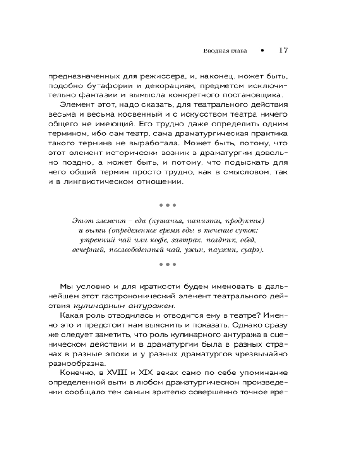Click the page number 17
283,50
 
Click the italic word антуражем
152,306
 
